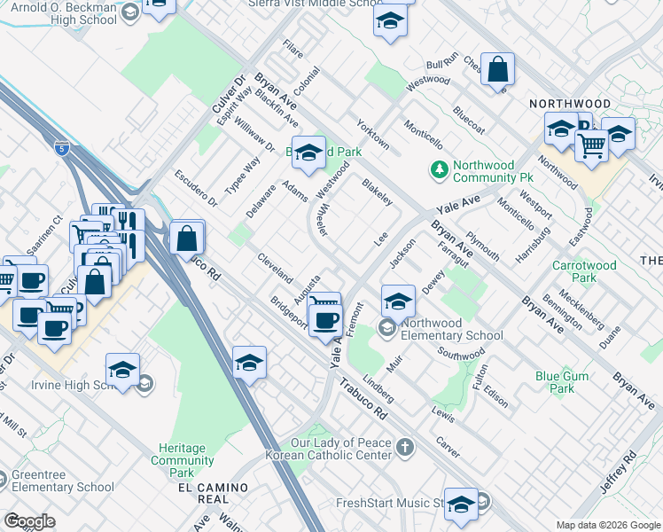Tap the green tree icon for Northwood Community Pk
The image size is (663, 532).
(x=438, y=168)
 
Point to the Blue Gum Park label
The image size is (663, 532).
(x=562, y=382)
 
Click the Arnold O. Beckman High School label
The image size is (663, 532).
(x=58, y=14)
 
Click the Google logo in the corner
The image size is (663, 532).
(x=30, y=521)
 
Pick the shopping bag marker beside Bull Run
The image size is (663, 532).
(x=498, y=69)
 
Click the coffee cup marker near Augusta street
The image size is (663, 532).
(x=327, y=318)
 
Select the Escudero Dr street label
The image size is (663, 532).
(x=195, y=188)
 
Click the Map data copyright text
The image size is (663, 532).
(x=608, y=525)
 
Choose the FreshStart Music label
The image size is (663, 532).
(x=390, y=504)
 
